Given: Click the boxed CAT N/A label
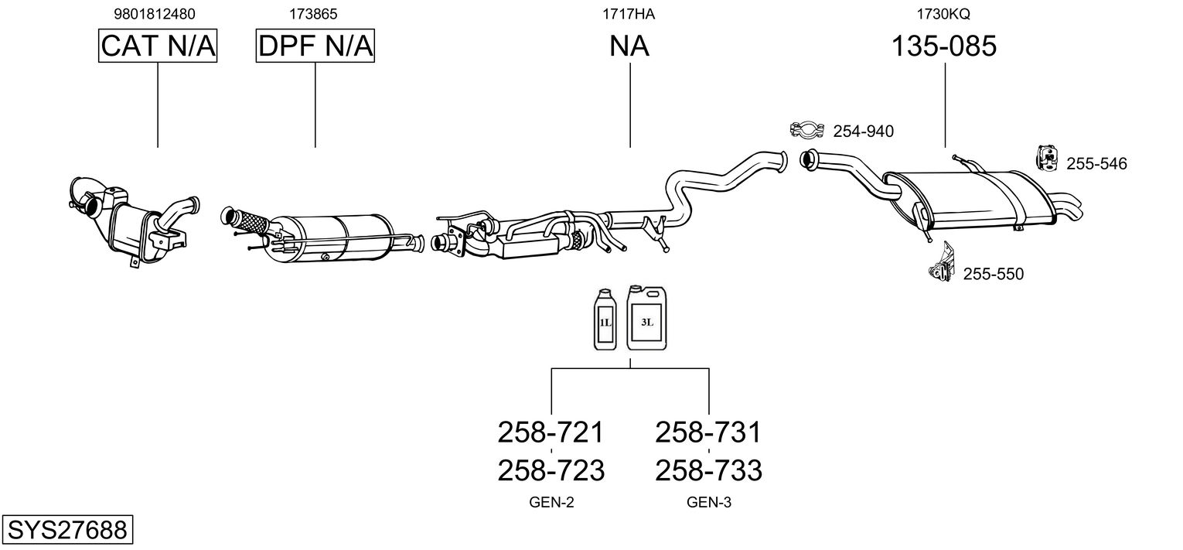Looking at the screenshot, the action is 158,46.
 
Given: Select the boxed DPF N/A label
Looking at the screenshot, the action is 315,46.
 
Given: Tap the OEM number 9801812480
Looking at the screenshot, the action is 155,14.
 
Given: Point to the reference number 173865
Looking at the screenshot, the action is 313,14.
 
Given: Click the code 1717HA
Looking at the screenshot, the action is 629,14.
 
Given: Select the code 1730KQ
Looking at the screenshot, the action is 943,14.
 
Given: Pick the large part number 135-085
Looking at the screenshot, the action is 944,46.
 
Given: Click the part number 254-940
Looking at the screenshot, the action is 864,131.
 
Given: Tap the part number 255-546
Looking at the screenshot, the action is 1097,164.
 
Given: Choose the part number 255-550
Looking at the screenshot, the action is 994,274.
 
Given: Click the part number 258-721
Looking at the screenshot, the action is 551,432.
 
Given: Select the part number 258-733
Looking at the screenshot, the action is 709,470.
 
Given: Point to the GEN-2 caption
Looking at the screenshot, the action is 551,502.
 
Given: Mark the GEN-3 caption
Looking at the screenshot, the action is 709,502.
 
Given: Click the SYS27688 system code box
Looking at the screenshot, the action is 67,529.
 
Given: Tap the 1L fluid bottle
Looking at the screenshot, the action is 605,319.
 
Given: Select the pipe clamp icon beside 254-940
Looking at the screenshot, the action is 807,129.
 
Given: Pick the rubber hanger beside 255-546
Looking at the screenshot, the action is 1047,158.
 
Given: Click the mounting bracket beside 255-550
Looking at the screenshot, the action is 943,262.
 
